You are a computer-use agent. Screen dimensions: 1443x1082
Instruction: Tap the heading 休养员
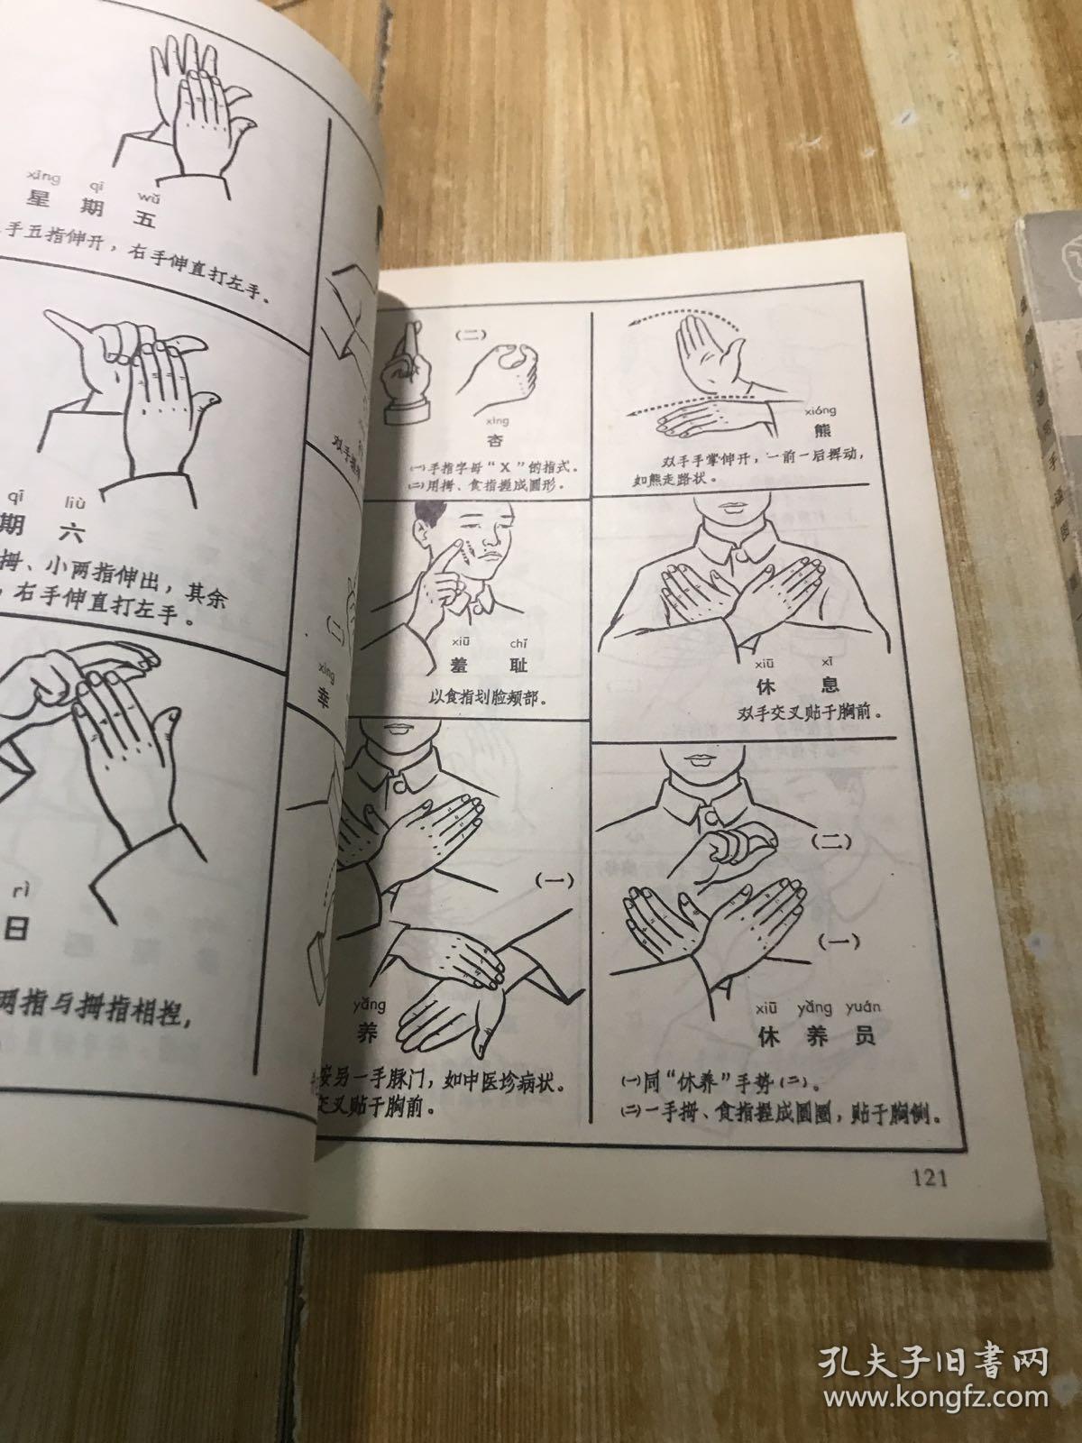pos(815,1036)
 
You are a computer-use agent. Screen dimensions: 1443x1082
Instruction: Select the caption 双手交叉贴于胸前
pos(808,711)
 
